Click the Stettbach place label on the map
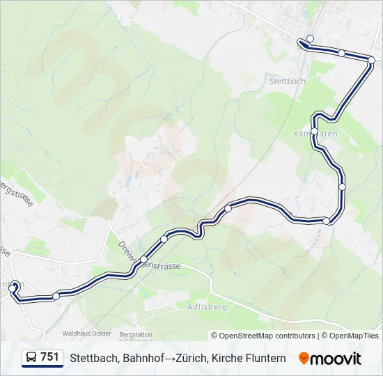tap(287, 81)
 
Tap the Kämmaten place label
tap(316, 133)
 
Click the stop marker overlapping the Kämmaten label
tap(315, 131)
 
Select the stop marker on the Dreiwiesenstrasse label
tap(143, 260)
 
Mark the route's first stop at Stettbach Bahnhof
tap(311, 38)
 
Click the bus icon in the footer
tap(31, 358)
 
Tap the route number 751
tap(50, 357)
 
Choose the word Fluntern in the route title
tap(266, 358)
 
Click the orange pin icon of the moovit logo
tap(304, 359)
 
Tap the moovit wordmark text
tap(337, 359)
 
